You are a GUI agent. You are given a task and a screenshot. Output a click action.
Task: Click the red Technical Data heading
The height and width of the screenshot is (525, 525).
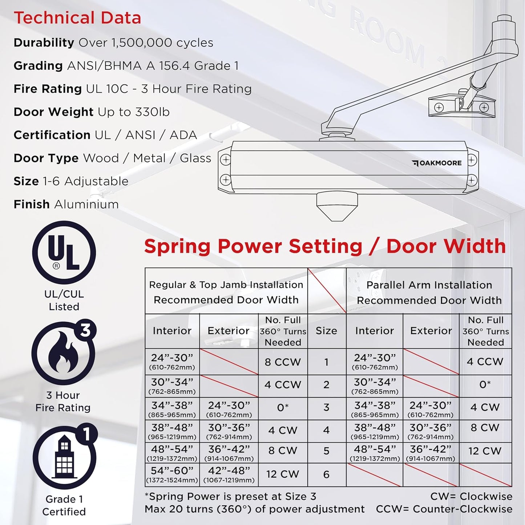click(x=77, y=18)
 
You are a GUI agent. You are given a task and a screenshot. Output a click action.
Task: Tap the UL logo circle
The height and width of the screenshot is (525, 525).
click(x=64, y=253)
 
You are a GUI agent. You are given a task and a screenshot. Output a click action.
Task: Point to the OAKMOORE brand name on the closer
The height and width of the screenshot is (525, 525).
click(x=440, y=163)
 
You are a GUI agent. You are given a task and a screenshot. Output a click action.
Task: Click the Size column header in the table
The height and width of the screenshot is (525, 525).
click(x=326, y=331)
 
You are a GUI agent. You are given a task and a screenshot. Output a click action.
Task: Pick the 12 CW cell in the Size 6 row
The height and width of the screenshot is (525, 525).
click(x=282, y=474)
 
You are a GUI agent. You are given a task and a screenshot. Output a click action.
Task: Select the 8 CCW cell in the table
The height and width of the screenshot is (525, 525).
click(x=283, y=362)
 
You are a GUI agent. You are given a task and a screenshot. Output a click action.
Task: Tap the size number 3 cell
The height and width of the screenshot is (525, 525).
click(x=326, y=407)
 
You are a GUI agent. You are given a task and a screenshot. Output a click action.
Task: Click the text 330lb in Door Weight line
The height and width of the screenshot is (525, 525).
click(x=152, y=112)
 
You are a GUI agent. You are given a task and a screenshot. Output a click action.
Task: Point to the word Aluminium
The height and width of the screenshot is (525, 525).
click(x=86, y=204)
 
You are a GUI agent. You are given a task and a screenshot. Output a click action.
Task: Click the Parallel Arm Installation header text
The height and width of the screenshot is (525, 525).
click(x=429, y=285)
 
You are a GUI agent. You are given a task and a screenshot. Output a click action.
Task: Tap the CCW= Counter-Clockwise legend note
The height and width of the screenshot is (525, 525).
click(x=444, y=509)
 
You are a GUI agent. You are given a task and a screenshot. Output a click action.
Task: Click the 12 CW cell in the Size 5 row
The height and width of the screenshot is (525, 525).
click(x=485, y=451)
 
